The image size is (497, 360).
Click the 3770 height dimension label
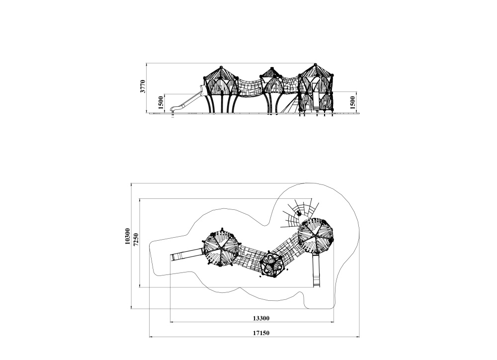point(143,87)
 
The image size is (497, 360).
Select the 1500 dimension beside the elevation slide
point(161,102)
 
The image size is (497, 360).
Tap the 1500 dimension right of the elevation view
point(353,102)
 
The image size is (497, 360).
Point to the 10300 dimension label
point(127,236)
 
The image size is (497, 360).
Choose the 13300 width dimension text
point(261,318)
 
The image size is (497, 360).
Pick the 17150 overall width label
point(261,333)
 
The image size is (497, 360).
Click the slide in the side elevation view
point(187,101)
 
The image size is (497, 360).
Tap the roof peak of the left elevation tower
point(221,67)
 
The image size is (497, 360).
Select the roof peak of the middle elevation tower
point(272,69)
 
